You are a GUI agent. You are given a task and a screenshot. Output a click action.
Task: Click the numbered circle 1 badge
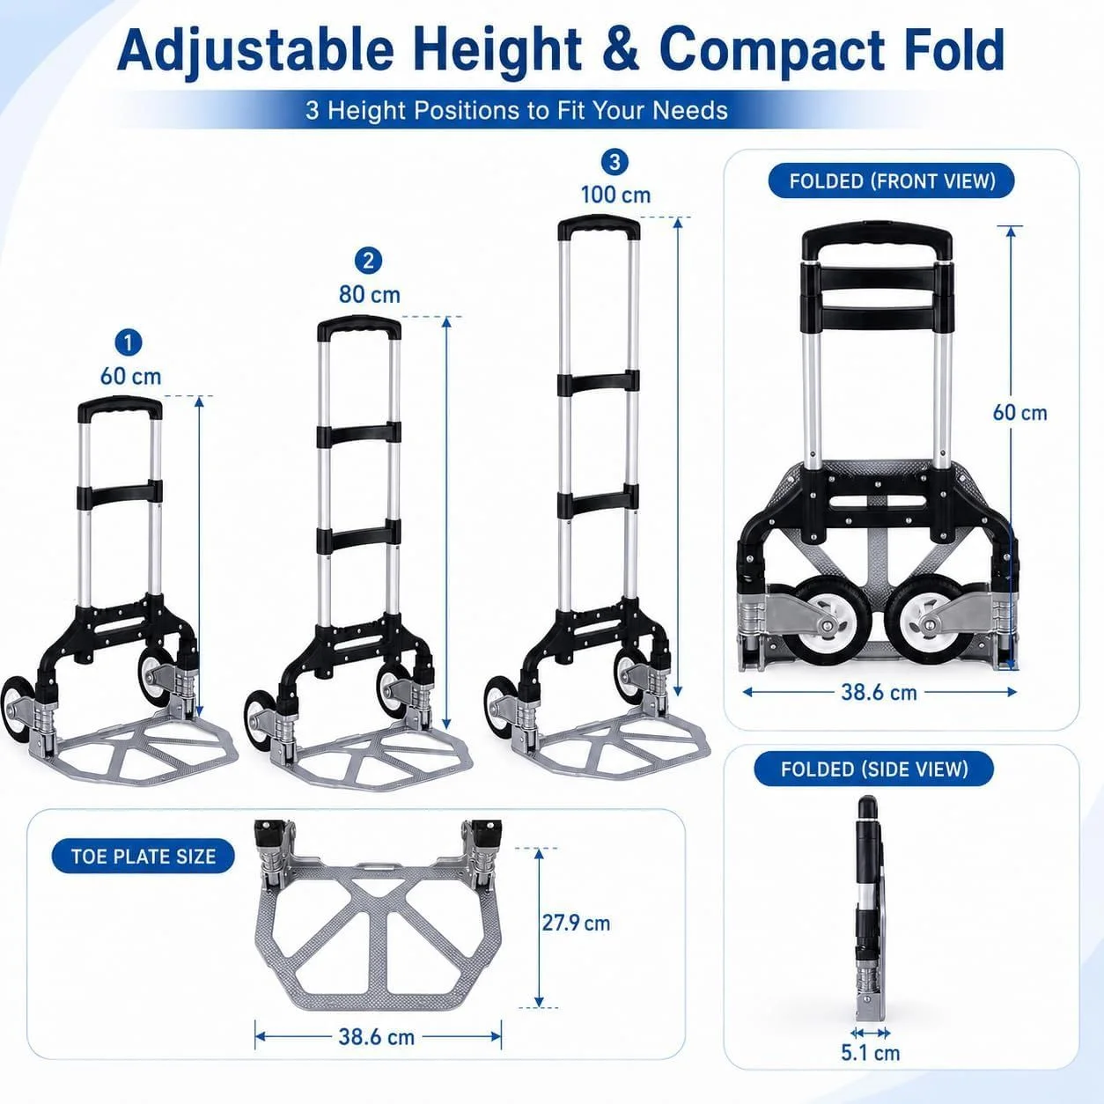pyautogui.click(x=129, y=342)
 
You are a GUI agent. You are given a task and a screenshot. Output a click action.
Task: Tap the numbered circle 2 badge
pyautogui.click(x=368, y=261)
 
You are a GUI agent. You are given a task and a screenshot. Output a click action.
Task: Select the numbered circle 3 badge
pyautogui.click(x=615, y=162)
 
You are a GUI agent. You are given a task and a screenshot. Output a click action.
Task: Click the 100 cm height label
pyautogui.click(x=615, y=195)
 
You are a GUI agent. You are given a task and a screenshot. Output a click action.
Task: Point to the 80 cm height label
pyautogui.click(x=370, y=294)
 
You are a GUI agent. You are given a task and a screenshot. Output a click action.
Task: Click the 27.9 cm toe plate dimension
pyautogui.click(x=576, y=923)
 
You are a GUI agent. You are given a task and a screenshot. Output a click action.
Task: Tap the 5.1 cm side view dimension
pyautogui.click(x=870, y=1052)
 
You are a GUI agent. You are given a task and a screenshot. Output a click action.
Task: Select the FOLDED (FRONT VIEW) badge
pyautogui.click(x=892, y=181)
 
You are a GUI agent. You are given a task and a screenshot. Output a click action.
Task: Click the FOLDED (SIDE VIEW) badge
pyautogui.click(x=873, y=769)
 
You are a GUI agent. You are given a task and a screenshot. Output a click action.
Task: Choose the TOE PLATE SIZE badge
pyautogui.click(x=144, y=856)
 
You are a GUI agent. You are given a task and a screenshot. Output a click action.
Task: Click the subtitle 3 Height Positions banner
pyautogui.click(x=517, y=110)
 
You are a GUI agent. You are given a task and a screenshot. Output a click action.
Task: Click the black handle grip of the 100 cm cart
pyautogui.click(x=599, y=224)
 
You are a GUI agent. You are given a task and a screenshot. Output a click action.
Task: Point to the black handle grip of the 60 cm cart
pyautogui.click(x=120, y=407)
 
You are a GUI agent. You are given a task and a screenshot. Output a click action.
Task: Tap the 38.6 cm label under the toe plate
pyautogui.click(x=377, y=1036)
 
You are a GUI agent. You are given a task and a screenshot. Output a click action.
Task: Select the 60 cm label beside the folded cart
pyautogui.click(x=1019, y=413)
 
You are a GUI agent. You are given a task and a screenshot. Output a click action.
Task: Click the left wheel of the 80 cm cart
pyautogui.click(x=256, y=716)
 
